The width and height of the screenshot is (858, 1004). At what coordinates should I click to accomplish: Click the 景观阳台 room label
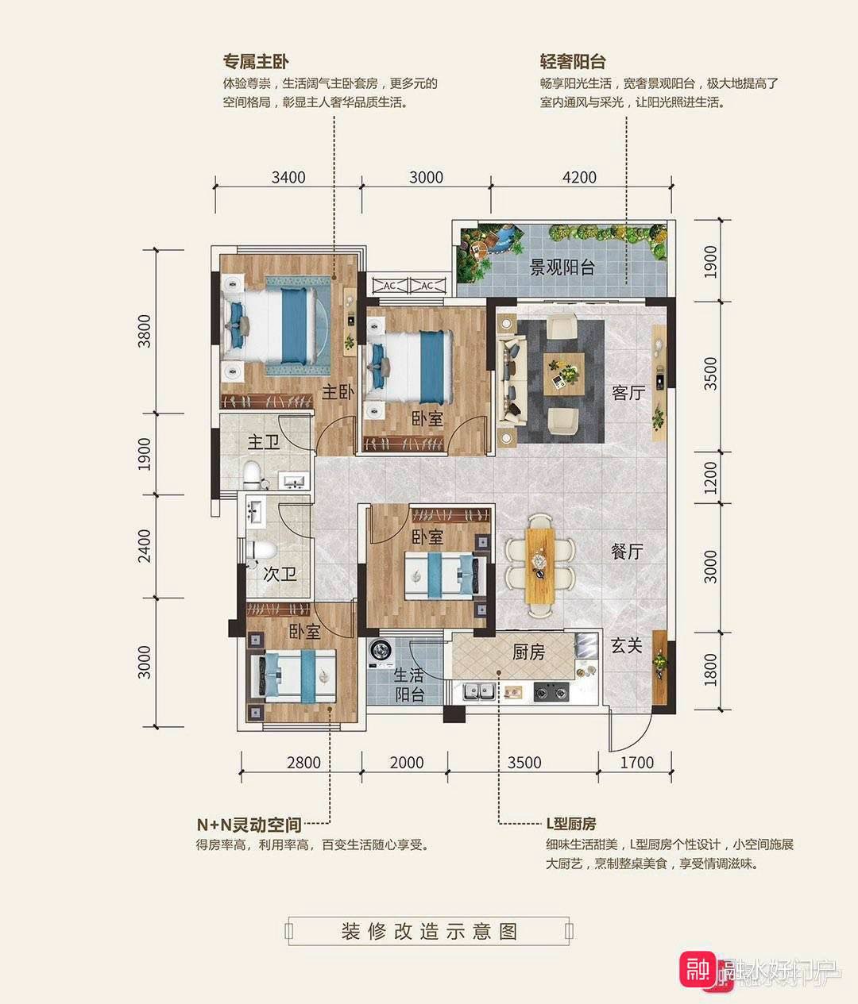(562, 267)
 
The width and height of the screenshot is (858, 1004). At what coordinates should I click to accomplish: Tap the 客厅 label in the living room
(628, 392)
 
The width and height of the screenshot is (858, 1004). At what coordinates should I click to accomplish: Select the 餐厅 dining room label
(627, 552)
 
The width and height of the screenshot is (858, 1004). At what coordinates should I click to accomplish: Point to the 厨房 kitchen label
(528, 652)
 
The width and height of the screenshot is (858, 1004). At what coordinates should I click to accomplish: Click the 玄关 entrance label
(626, 646)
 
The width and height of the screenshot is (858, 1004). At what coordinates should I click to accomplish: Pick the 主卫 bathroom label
(263, 442)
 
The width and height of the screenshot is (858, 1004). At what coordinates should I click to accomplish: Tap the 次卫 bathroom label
(280, 573)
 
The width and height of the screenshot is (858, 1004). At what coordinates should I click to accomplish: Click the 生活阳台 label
(409, 684)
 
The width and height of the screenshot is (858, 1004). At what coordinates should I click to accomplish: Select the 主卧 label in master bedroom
(337, 392)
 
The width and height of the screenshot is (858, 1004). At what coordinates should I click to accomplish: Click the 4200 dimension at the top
(579, 177)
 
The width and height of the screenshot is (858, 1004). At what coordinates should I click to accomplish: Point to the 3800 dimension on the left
(144, 331)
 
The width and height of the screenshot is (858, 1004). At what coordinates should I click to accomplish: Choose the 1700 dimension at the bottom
(636, 763)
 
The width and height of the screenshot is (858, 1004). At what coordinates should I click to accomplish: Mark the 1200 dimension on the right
(710, 478)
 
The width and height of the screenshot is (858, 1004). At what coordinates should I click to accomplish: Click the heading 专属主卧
(256, 62)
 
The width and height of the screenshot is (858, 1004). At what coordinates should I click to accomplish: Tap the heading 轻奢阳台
(573, 62)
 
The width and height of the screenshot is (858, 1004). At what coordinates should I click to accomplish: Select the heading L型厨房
(570, 824)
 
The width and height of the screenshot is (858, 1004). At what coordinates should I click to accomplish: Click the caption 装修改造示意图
(429, 931)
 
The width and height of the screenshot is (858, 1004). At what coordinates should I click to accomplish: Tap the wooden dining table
(540, 565)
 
